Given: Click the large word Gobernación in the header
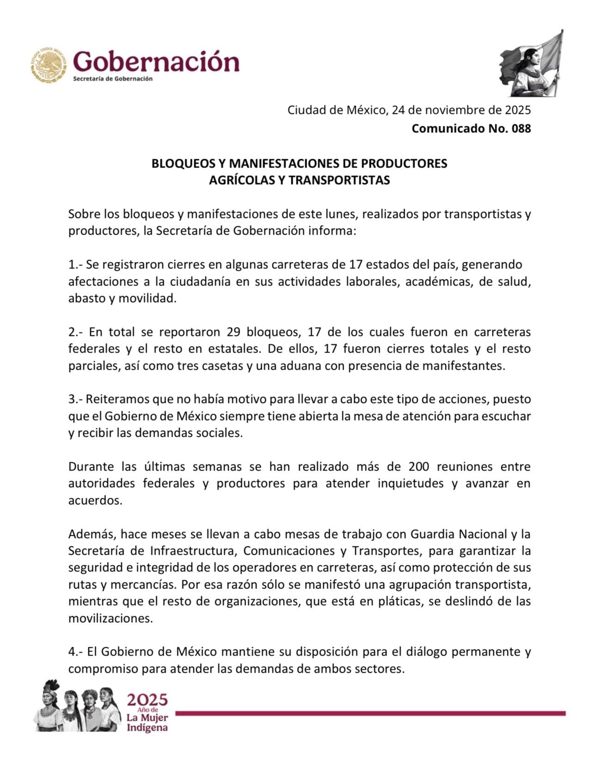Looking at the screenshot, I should click(x=156, y=61).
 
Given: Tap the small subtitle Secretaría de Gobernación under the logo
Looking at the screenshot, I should click(x=113, y=79).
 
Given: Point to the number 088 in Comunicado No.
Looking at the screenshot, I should click(x=521, y=128).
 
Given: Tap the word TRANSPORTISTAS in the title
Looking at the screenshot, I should click(x=339, y=180).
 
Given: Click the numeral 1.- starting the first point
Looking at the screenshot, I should click(x=75, y=265).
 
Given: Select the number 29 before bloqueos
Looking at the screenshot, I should click(x=234, y=332).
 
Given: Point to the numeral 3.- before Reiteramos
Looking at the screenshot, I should click(x=75, y=399).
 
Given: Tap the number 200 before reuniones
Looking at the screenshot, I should click(x=419, y=466).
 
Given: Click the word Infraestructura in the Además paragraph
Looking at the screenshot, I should click(x=193, y=550).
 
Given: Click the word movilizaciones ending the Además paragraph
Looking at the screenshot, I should click(x=110, y=618).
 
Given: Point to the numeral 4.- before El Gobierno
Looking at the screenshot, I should click(x=75, y=652).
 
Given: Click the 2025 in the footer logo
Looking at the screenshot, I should click(x=147, y=699).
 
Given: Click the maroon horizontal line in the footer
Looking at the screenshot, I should click(x=370, y=713).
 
